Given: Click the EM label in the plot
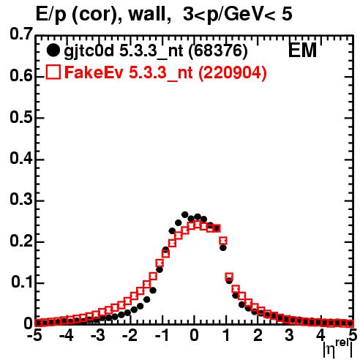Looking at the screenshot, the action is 302,50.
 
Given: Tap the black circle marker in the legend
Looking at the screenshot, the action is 53,50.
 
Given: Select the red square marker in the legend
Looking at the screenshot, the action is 53,72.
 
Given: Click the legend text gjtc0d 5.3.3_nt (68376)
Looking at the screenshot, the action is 156,51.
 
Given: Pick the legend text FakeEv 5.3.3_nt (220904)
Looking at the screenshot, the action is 165,72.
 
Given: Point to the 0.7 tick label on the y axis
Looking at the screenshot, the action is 21,34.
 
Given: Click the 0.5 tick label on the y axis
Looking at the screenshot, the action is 21,117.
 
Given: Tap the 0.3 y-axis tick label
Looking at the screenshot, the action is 21,200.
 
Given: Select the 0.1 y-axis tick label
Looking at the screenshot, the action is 22,282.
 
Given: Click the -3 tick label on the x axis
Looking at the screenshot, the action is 98,335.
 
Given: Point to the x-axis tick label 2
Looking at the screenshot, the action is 258,335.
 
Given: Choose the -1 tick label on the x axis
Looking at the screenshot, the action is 162,335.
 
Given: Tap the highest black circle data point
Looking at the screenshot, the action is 185,214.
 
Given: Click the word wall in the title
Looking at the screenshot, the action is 149,15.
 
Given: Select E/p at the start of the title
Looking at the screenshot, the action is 51,15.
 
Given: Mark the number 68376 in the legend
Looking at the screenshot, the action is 218,50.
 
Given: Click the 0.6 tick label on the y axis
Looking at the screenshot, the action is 21,76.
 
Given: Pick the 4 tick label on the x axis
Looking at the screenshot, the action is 321,335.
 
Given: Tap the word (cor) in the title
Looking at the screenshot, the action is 97,15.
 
